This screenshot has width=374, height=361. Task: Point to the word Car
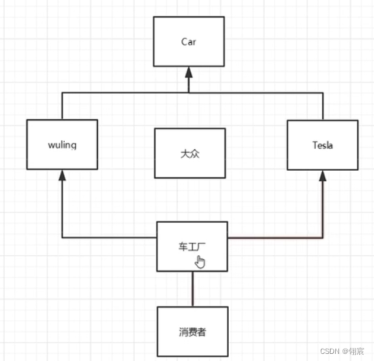pos(189,42)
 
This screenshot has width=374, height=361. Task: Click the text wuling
pos(62,145)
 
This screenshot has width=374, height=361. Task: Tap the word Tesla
pos(323,145)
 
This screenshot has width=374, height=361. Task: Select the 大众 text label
pos(190,154)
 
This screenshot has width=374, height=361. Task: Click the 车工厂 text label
pos(192,247)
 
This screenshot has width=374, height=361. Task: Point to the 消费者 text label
pos(193,332)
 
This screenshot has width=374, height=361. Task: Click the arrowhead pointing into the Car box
pos(189,72)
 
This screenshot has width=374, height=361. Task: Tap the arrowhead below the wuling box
pos(62,175)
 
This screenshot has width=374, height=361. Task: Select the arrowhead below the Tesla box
pos(323,176)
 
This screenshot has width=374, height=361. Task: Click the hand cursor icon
pos(200,262)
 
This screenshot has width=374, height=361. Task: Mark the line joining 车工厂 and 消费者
pos(193,289)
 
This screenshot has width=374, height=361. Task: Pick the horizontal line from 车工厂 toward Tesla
pos(275,238)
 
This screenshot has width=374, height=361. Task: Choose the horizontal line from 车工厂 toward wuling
pos(110,238)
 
